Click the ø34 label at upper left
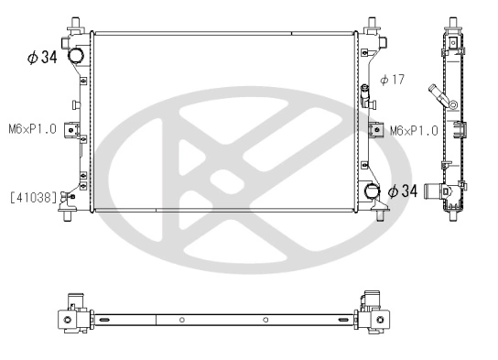tap(43, 58)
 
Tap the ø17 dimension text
tap(392, 80)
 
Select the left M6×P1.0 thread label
tap(33, 129)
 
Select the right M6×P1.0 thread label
tap(413, 130)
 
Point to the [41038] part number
tap(34, 196)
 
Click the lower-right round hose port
tap(372, 191)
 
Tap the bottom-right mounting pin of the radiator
tap(375, 216)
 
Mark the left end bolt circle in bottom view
tap(67, 319)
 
